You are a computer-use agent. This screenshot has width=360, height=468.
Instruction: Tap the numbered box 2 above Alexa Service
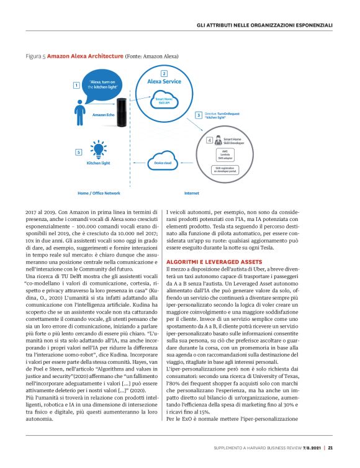(x=163, y=74)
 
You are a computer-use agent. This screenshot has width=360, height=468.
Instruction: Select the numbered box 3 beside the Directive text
(x=198, y=115)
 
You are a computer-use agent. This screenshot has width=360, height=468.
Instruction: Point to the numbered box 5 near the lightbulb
(x=76, y=152)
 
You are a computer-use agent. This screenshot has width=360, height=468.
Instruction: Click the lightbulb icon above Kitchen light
(x=97, y=150)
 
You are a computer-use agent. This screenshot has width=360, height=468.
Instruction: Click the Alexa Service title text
(x=163, y=81)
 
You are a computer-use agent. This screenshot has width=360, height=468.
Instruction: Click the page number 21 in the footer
(x=331, y=448)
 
